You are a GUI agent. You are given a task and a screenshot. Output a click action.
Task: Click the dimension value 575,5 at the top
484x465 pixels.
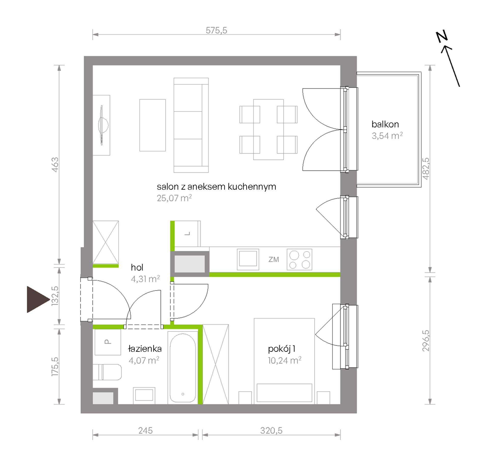tap(216, 30)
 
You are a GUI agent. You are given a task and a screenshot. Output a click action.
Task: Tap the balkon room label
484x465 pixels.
tap(385, 124)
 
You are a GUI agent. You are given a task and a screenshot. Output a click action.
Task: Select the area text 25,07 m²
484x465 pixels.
tap(174, 198)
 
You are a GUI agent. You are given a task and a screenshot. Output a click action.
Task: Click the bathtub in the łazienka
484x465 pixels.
tap(183, 368)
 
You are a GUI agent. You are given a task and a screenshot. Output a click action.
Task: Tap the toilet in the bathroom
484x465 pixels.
tap(107, 372)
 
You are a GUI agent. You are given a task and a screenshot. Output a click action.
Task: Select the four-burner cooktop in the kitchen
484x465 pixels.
tap(299, 259)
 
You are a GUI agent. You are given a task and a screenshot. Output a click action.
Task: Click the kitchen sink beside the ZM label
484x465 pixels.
tap(248, 259)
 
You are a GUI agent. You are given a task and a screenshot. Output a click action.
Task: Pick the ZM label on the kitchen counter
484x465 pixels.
tap(274, 259)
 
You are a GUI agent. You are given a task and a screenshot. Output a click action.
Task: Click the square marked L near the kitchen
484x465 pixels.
tap(187, 234)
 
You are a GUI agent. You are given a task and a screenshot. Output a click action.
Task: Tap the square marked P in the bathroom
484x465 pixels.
tap(108, 342)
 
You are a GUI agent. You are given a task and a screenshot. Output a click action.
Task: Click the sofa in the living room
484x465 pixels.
tap(191, 125)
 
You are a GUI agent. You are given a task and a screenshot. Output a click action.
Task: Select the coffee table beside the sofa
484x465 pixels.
tap(153, 125)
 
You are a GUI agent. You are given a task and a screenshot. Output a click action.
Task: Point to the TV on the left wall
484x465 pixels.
tap(103, 125)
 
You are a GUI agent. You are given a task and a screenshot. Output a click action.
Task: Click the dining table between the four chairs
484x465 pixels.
tap(268, 130)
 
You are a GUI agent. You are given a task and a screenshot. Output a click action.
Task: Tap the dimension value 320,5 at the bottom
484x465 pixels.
tap(271, 431)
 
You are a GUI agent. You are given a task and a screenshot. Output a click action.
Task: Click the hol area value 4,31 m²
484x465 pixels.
tap(145, 279)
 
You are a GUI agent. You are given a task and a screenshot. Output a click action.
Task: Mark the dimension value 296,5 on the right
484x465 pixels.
tap(426, 341)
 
